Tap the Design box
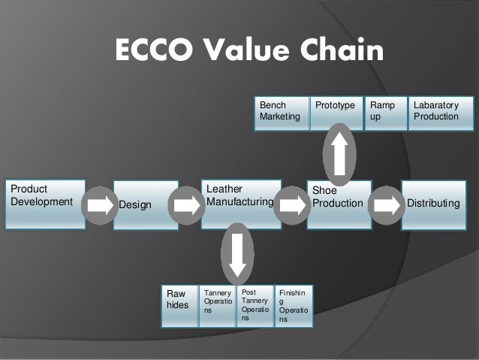(x=143, y=204)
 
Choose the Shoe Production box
(x=339, y=198)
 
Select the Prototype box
(x=336, y=112)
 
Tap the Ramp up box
(x=384, y=112)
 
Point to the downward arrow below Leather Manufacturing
(x=237, y=253)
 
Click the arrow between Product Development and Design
(x=98, y=203)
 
